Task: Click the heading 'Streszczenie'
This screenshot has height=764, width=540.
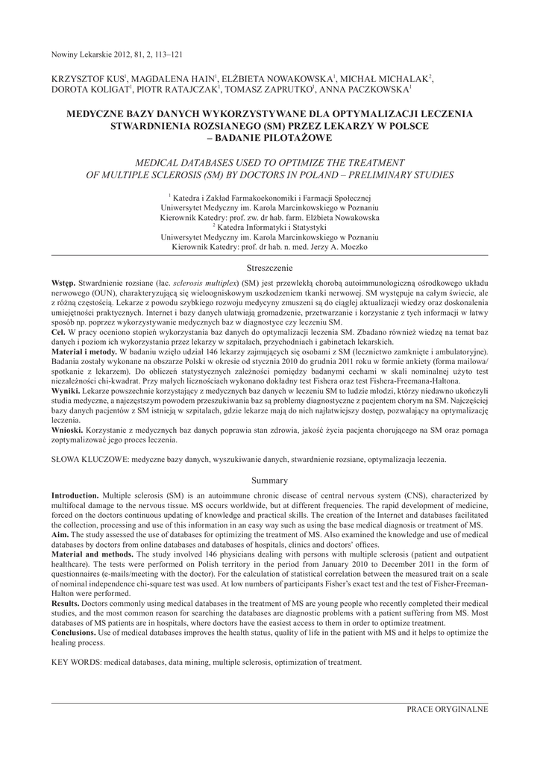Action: [x=269, y=266]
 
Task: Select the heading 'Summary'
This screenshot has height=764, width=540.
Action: [x=269, y=480]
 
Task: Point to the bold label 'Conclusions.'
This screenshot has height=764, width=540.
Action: [x=76, y=633]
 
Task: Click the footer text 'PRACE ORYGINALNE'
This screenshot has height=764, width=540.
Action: [x=447, y=708]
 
